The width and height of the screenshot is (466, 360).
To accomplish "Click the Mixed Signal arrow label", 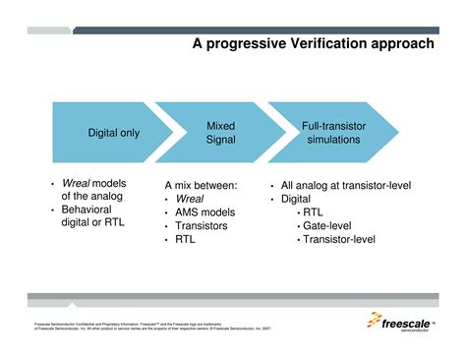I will pos(220,134).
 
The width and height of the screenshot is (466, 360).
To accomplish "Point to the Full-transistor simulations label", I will pos(333,134).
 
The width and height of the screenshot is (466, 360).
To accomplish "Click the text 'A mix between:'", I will pos(201,185).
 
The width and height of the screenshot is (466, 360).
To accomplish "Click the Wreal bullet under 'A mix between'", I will pos(190,198).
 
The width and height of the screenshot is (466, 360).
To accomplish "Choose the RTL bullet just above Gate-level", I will pos(313,211).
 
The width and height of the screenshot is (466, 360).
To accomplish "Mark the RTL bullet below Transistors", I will pos(186,239).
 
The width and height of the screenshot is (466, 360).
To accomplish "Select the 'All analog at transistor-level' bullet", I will pos(345,185).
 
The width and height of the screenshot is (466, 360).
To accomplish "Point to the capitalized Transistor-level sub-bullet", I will pos(337,239).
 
